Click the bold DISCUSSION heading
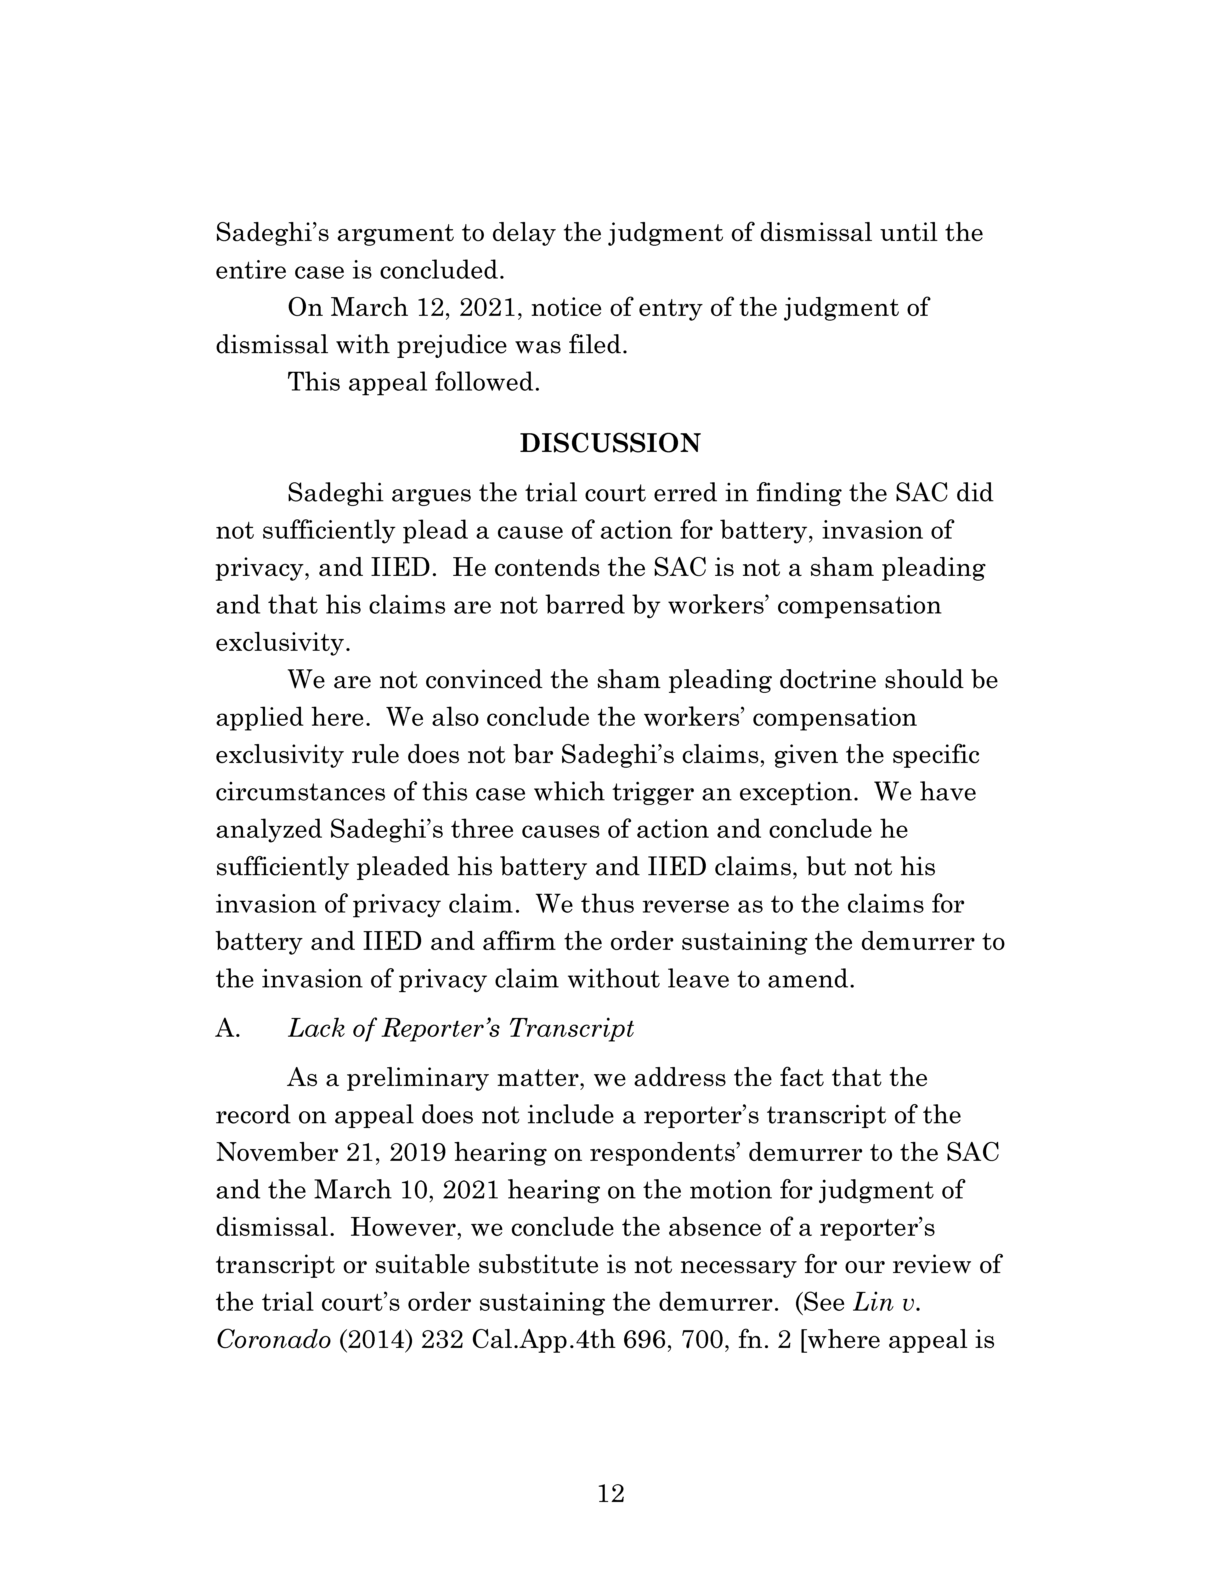tap(610, 443)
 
